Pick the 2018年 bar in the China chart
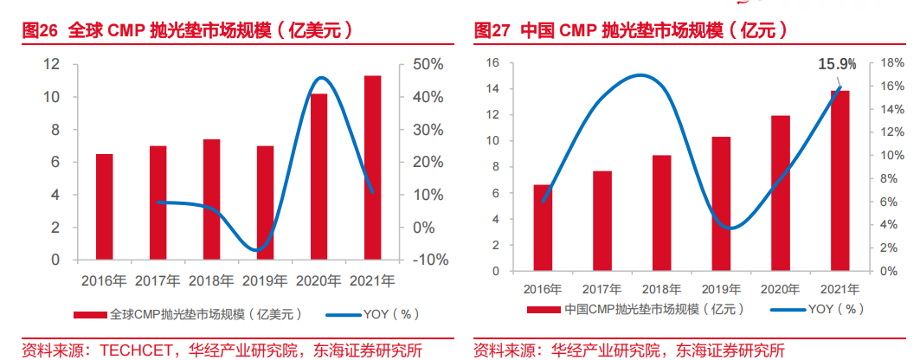click(661, 213)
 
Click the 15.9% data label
click(837, 64)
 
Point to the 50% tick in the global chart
click(428, 64)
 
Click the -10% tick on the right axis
click(424, 260)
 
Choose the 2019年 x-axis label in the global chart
click(265, 280)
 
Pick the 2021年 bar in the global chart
click(372, 167)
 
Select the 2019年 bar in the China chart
click(721, 203)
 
